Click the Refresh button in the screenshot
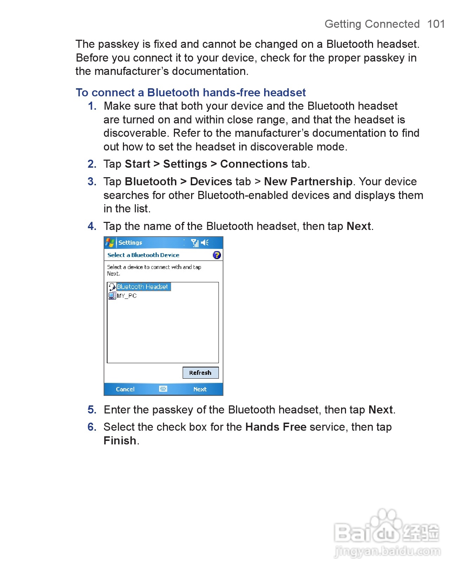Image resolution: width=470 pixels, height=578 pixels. pyautogui.click(x=200, y=373)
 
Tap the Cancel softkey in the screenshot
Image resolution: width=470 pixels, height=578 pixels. pyautogui.click(x=125, y=389)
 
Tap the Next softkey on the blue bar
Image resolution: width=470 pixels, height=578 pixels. pyautogui.click(x=200, y=389)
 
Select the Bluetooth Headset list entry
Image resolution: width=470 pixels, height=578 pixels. pyautogui.click(x=142, y=287)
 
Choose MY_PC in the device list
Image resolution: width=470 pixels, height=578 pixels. pyautogui.click(x=126, y=296)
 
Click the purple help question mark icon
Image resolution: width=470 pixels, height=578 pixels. pyautogui.click(x=217, y=255)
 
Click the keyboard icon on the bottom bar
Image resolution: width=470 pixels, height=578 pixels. pyautogui.click(x=163, y=389)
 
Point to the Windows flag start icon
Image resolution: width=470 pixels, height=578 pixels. pyautogui.click(x=110, y=243)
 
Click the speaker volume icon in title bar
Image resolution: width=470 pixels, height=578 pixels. pyautogui.click(x=205, y=243)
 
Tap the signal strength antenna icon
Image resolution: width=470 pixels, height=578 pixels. pyautogui.click(x=195, y=243)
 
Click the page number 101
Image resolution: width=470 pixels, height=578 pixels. pyautogui.click(x=436, y=24)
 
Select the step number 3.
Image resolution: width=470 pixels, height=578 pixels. pyautogui.click(x=92, y=182)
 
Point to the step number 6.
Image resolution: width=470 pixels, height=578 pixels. pyautogui.click(x=92, y=427)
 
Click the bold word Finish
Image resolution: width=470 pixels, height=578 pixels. pyautogui.click(x=120, y=441)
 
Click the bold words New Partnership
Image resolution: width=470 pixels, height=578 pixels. pyautogui.click(x=308, y=182)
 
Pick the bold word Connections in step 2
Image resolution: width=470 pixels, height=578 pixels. pyautogui.click(x=254, y=164)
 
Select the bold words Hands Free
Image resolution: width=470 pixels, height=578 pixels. pyautogui.click(x=276, y=427)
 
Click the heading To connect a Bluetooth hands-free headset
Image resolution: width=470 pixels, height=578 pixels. pyautogui.click(x=191, y=92)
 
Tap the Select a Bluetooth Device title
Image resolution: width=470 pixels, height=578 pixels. pyautogui.click(x=143, y=255)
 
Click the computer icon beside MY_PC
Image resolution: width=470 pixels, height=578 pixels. pyautogui.click(x=112, y=296)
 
